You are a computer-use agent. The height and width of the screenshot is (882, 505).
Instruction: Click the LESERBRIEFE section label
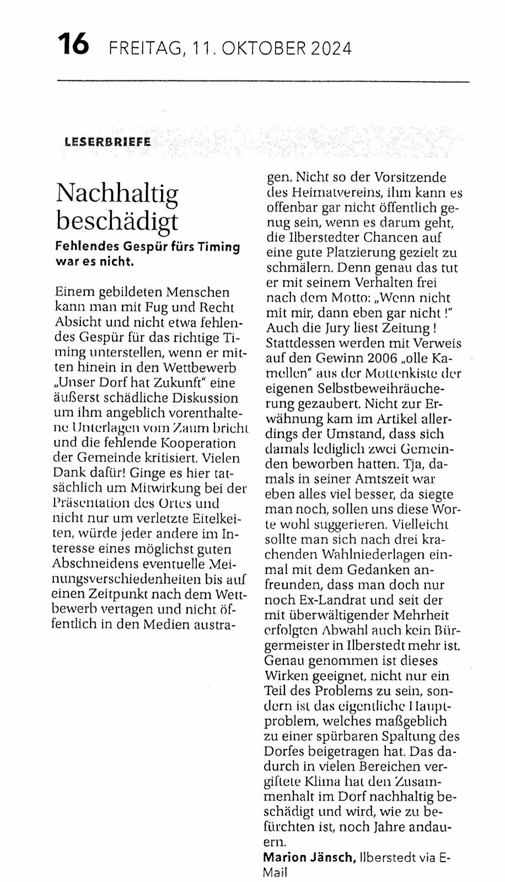(x=108, y=142)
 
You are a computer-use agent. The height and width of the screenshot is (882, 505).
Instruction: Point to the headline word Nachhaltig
(x=118, y=193)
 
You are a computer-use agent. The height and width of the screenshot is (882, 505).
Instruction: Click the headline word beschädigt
(x=118, y=220)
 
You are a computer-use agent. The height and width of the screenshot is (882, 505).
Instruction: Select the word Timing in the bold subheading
(x=219, y=247)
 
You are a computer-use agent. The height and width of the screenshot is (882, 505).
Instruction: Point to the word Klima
(x=336, y=782)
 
